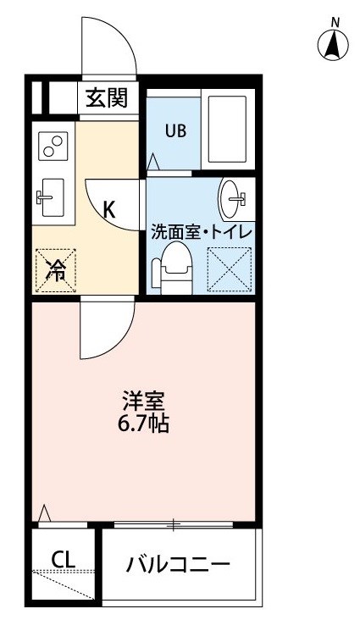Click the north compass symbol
(333, 42)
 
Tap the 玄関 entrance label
(107, 97)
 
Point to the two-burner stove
(53, 146)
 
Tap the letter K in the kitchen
(109, 209)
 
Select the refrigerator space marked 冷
(56, 270)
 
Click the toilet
(172, 267)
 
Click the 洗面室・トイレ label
(202, 233)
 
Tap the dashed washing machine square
(229, 269)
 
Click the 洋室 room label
(143, 401)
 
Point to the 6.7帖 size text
(143, 423)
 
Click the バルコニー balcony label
(178, 564)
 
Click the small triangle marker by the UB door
(153, 162)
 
